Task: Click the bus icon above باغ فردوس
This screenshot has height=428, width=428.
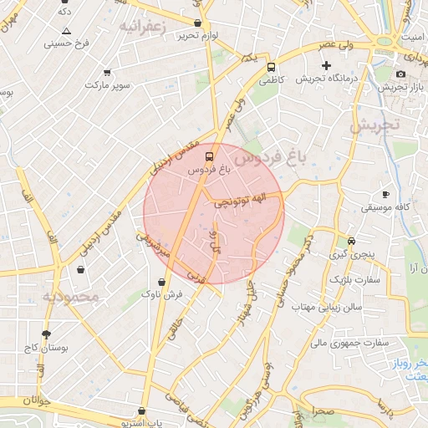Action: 209,155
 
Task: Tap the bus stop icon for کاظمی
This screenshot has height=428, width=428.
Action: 271,68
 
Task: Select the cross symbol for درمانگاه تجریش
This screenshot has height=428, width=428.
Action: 326,65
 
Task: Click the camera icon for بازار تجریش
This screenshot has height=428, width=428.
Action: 401,74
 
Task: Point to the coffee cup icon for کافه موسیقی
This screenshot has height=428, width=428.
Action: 385,193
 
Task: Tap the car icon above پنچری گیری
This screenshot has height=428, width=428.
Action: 351,241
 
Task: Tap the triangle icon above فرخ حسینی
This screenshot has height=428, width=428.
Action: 67,31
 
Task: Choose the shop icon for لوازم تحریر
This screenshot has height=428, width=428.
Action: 197,23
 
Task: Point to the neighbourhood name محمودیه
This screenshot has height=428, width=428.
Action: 71,296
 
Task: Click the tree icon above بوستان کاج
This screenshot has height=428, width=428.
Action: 46,334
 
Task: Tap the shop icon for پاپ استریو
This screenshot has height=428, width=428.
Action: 146,411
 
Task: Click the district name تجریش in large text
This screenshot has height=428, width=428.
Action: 375,126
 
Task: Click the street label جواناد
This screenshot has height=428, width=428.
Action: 37,400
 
